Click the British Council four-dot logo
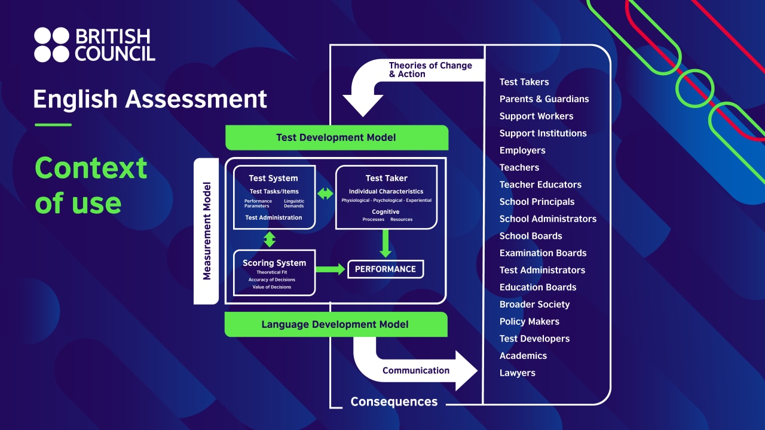tap(52, 45)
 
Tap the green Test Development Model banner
tap(336, 137)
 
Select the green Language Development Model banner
tap(335, 324)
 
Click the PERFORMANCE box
tap(385, 269)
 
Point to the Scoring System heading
tap(274, 263)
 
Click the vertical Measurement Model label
tap(207, 231)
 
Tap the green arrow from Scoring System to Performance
tap(330, 269)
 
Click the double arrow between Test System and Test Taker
tap(325, 193)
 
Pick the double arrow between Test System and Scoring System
tap(270, 239)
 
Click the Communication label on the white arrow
tap(416, 370)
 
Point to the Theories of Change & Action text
tap(430, 70)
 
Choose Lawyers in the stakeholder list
tap(518, 373)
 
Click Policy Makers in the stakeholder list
tap(530, 321)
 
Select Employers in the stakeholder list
tap(522, 150)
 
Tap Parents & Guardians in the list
tap(544, 99)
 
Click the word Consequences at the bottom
tap(394, 402)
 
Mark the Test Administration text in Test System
tap(274, 217)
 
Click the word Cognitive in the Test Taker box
tap(385, 212)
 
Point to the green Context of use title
tap(91, 185)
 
